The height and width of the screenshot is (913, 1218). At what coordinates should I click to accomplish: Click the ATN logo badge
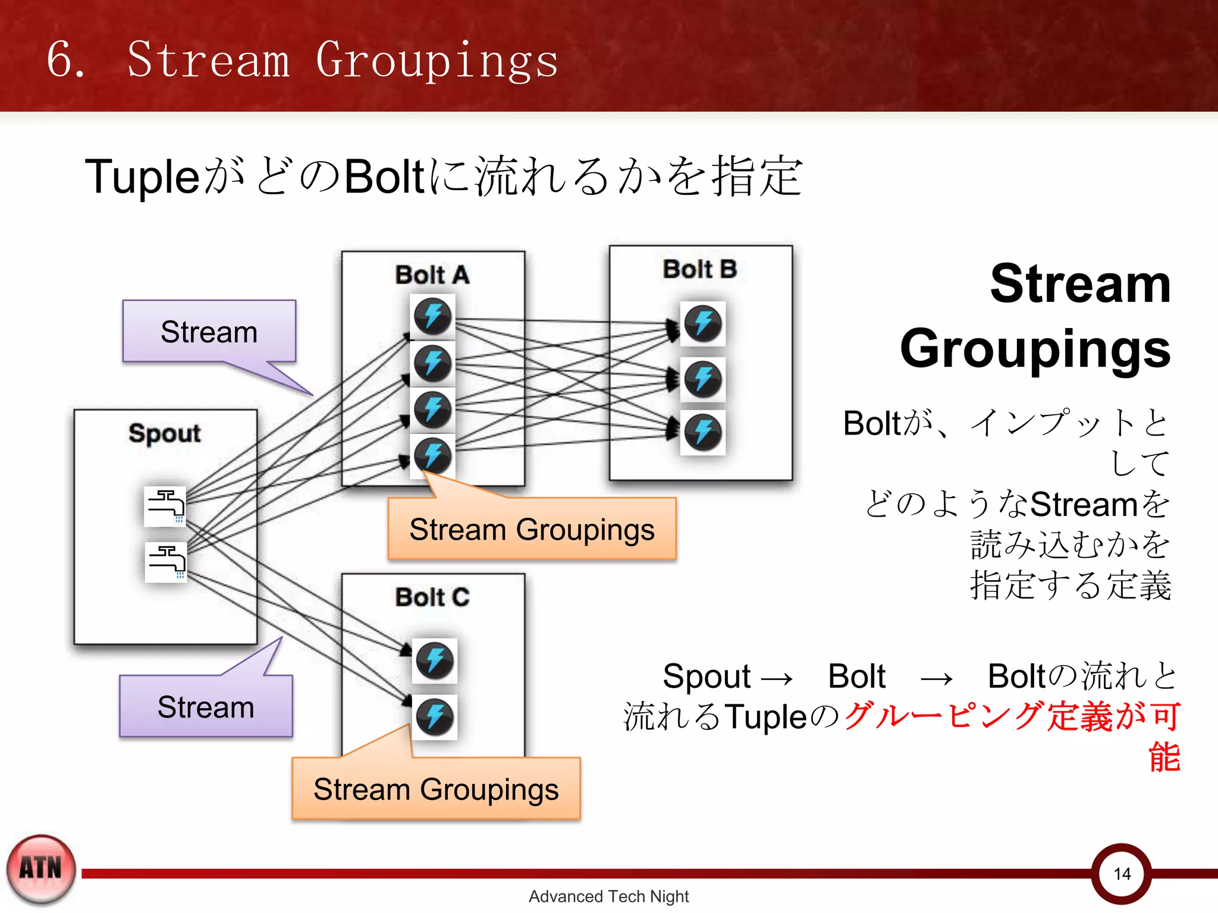pyautogui.click(x=41, y=869)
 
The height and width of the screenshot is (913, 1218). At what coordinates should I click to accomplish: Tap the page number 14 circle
pyautogui.click(x=1122, y=874)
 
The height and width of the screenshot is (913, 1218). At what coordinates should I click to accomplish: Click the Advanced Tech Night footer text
pyautogui.click(x=608, y=896)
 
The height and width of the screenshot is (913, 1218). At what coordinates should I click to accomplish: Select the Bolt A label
pyautogui.click(x=432, y=275)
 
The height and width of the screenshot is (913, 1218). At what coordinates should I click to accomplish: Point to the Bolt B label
pyautogui.click(x=700, y=269)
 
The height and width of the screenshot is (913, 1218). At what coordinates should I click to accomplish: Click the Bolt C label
pyautogui.click(x=432, y=597)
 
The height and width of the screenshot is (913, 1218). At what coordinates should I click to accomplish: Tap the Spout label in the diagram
pyautogui.click(x=165, y=433)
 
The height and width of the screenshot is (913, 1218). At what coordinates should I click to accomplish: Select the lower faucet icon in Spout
pyautogui.click(x=166, y=562)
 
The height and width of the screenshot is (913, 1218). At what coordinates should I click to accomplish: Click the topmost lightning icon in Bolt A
pyautogui.click(x=432, y=316)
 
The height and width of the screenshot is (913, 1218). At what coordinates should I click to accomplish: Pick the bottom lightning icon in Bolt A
pyautogui.click(x=432, y=456)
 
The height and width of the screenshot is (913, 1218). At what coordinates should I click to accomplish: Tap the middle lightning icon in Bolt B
pyautogui.click(x=703, y=379)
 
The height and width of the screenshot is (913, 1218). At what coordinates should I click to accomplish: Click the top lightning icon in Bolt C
pyautogui.click(x=435, y=660)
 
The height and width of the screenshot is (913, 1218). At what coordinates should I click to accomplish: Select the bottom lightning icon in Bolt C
pyautogui.click(x=435, y=717)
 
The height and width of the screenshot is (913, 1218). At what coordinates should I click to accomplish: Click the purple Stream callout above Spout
pyautogui.click(x=209, y=332)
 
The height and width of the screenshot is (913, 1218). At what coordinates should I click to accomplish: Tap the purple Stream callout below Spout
pyautogui.click(x=206, y=707)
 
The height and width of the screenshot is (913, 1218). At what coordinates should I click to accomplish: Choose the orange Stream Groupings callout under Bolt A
pyautogui.click(x=532, y=529)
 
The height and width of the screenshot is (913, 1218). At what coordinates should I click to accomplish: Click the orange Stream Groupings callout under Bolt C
pyautogui.click(x=436, y=789)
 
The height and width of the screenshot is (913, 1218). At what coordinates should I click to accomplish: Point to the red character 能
pyautogui.click(x=1164, y=757)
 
